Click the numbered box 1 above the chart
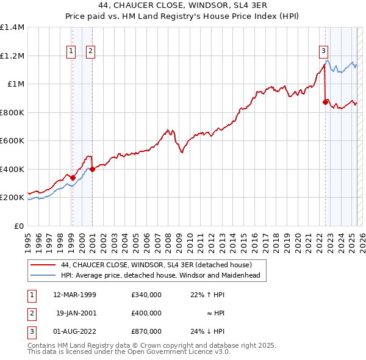72,52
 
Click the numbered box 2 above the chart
90,52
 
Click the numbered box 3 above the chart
323,52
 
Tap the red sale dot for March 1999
73,178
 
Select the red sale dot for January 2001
92,169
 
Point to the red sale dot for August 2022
325,103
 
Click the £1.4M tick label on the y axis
12,27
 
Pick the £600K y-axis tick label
12,141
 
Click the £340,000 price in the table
146,294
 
